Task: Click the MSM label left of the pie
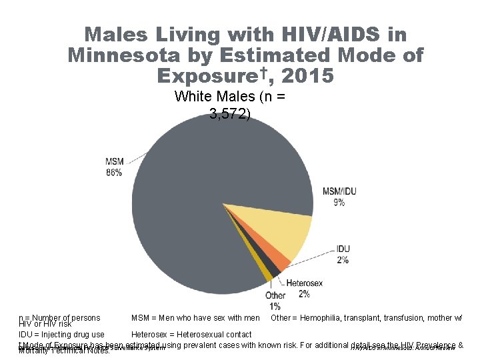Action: [113, 162]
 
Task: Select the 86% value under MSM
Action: [113, 173]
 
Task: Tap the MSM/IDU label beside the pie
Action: [339, 191]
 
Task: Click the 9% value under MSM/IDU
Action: [339, 202]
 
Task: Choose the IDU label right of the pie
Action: [343, 249]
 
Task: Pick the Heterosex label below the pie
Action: [304, 283]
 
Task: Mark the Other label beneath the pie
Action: [275, 295]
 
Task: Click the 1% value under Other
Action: [275, 306]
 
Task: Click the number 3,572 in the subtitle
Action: [229, 114]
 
